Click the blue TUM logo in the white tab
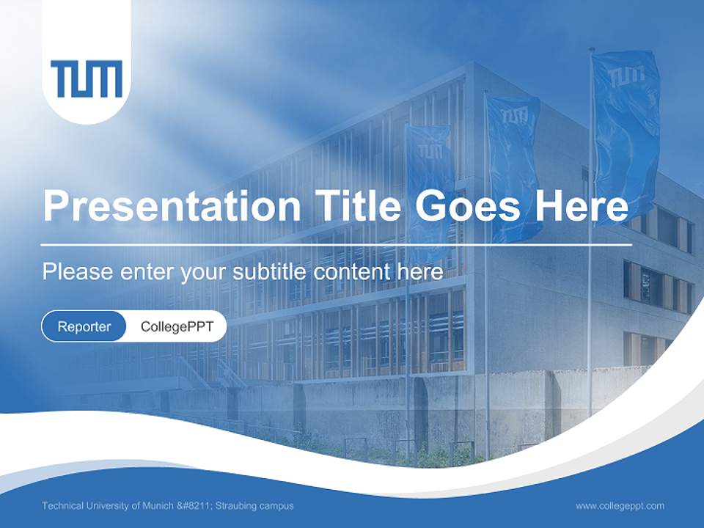[x=87, y=79]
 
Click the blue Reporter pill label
[x=84, y=326]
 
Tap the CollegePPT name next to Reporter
[x=177, y=326]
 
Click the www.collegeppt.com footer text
[x=620, y=505]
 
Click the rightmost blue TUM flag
[x=626, y=125]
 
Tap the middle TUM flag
[x=513, y=165]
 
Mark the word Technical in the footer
[x=62, y=506]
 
